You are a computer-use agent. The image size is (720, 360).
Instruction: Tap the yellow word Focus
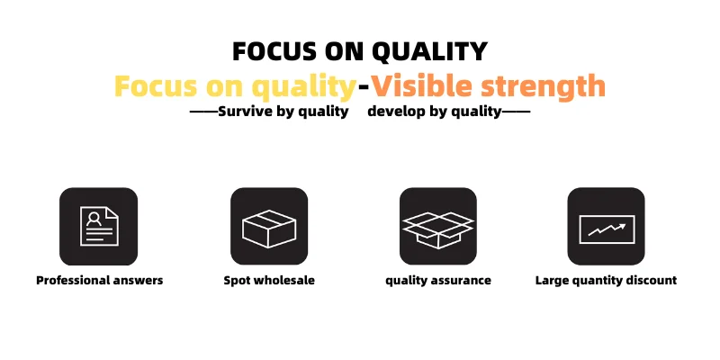156,85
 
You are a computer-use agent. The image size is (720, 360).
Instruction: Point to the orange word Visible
421,85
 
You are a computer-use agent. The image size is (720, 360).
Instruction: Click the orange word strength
544,87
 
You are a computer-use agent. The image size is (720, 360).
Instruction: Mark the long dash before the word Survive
204,111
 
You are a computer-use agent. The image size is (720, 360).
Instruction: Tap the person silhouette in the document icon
94,219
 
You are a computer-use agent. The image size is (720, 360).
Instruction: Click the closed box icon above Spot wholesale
269,229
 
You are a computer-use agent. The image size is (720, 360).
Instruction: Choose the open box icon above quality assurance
438,229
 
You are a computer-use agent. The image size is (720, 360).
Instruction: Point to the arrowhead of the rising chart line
622,226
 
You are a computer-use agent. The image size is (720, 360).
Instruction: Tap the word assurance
463,281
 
